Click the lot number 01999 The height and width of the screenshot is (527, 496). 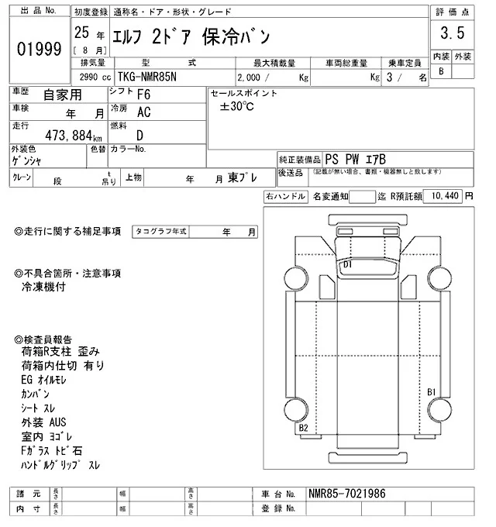[39, 49]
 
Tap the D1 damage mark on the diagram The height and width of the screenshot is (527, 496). [348, 264]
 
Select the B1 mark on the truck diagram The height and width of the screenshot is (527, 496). [432, 391]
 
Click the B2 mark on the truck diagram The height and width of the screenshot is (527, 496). [304, 428]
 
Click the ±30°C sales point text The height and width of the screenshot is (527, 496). [236, 106]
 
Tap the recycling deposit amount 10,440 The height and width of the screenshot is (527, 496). [443, 196]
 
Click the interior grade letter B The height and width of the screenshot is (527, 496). [442, 71]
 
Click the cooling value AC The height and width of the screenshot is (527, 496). [143, 112]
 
